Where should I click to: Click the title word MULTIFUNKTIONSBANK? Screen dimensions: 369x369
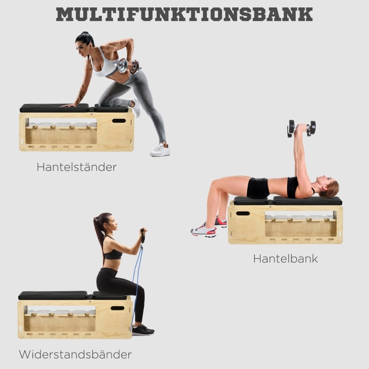pos(184,14)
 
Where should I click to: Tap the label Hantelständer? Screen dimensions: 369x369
pos(77,167)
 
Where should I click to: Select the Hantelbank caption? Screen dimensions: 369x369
pos(285,259)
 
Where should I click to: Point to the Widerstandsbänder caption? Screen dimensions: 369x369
pos(75,354)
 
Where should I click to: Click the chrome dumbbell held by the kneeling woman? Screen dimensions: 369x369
pos(129,66)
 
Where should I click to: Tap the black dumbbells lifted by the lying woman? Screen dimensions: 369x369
pos(302,128)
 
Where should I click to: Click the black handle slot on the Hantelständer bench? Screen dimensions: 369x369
pos(119,121)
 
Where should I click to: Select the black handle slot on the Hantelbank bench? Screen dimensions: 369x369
pos(243,213)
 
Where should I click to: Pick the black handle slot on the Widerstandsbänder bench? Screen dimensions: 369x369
pos(118,308)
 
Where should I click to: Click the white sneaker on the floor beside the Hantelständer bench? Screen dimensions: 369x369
pos(160,150)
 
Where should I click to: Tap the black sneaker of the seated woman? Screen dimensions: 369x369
pos(143,329)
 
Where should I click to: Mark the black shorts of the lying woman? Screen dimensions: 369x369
pos(258,188)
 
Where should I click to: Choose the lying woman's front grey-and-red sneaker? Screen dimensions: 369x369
pos(204,230)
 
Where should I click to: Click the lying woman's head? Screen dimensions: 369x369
pos(328,186)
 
